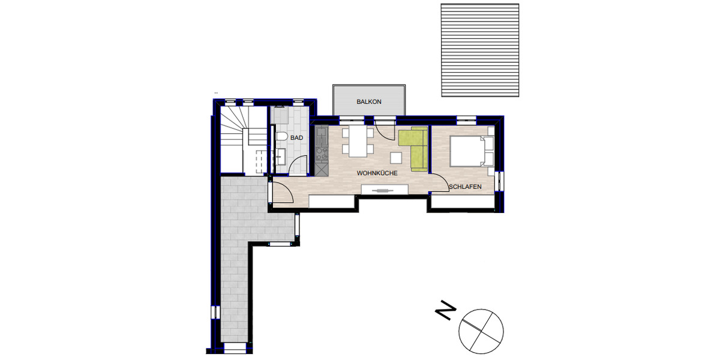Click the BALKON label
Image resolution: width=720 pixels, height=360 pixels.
[x=368, y=102]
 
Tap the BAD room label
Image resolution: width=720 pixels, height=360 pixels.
[x=296, y=138]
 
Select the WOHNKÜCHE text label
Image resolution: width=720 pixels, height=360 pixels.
[x=377, y=173]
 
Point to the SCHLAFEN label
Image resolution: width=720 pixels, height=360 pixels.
[x=465, y=187]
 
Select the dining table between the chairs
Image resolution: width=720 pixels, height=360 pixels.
[x=357, y=140]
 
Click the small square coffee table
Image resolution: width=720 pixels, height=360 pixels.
[x=396, y=157]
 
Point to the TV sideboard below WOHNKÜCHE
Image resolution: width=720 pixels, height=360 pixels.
[x=385, y=190]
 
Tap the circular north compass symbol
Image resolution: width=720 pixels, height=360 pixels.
[x=481, y=329]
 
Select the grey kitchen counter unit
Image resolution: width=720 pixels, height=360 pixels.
[x=320, y=150]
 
